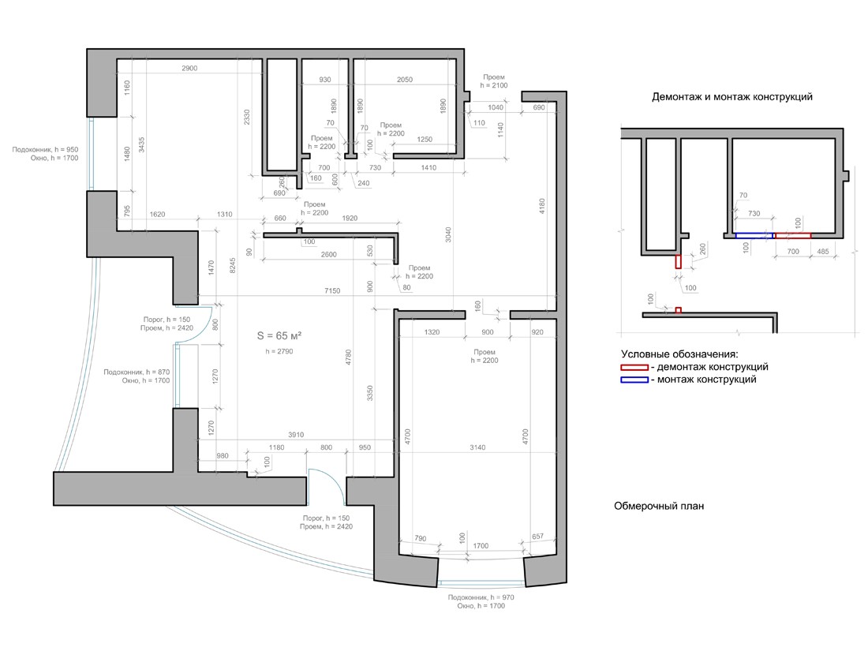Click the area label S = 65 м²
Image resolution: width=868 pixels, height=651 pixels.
279,335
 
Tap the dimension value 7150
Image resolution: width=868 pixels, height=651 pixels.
332,290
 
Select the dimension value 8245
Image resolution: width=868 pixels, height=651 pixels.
233,265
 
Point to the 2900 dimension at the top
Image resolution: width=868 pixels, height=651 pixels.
189,68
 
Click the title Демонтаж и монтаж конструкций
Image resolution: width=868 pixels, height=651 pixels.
731,97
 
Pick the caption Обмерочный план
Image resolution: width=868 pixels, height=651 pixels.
659,506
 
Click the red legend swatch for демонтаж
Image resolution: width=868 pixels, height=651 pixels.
634,367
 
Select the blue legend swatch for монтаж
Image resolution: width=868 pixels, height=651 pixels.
634,380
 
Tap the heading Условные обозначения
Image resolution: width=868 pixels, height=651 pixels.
679,354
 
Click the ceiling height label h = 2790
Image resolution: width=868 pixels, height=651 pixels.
279,351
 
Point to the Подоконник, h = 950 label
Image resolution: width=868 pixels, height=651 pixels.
46,149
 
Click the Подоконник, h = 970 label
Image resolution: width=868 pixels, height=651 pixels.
481,597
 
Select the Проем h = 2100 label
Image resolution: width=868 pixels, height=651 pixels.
494,81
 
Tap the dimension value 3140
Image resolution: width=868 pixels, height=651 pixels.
477,447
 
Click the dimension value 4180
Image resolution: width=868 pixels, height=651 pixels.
542,207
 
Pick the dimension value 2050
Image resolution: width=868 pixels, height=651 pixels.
405,80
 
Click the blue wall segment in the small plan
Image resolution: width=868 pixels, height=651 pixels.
755,236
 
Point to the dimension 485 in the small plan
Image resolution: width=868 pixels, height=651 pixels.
823,251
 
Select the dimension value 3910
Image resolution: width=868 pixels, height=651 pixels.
296,435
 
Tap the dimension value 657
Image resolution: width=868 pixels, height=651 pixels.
537,537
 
